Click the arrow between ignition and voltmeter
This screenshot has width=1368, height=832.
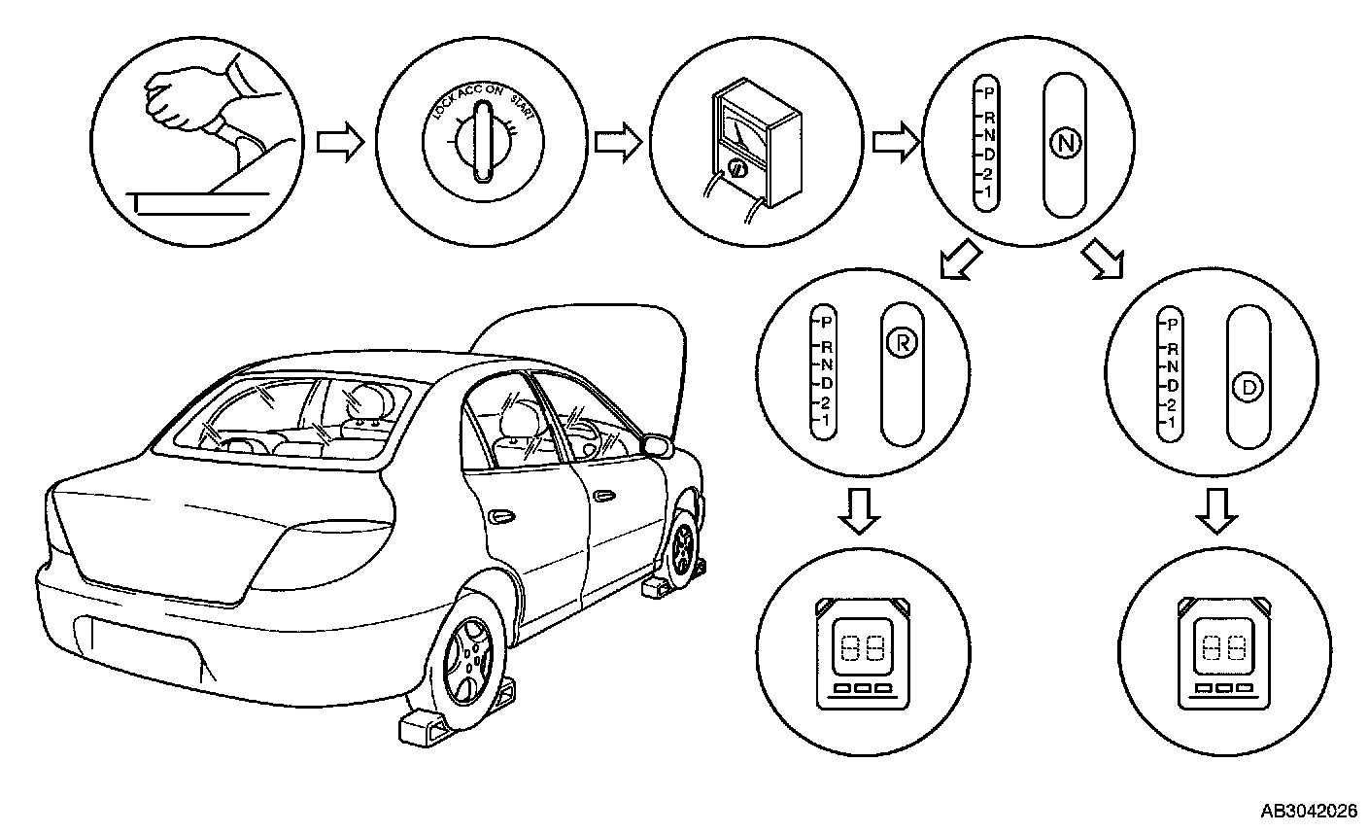tap(617, 143)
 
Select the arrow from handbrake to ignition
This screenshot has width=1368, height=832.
tap(341, 143)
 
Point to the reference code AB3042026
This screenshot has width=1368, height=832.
tap(1309, 811)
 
